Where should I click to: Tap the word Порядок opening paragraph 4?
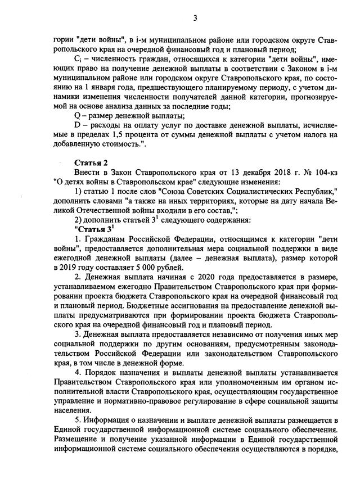(x=106, y=372)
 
